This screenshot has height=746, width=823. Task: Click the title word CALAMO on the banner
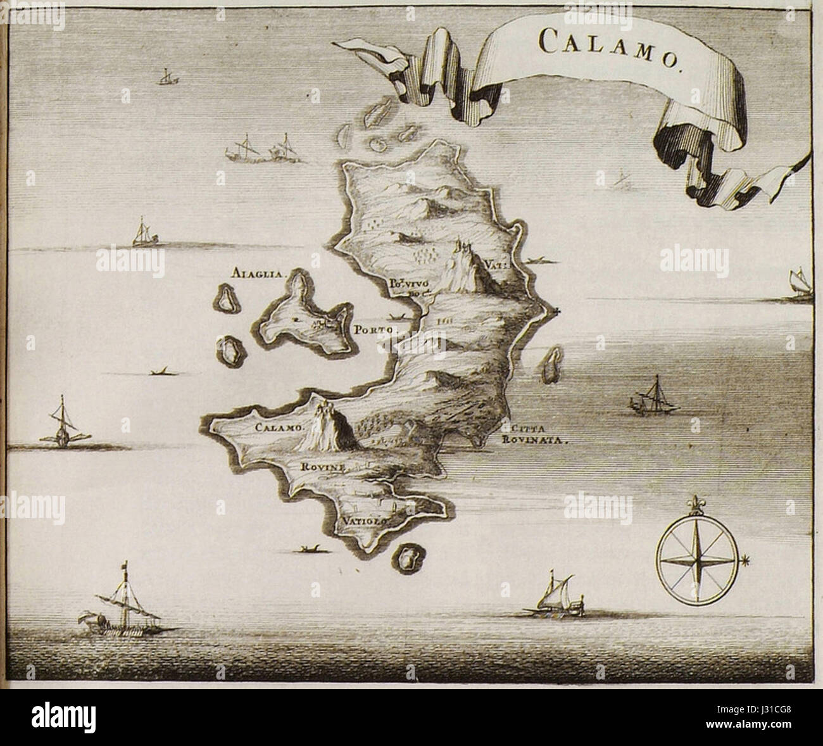click(x=607, y=44)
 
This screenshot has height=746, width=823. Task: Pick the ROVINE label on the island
click(x=323, y=468)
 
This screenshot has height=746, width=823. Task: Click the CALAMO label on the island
click(x=280, y=427)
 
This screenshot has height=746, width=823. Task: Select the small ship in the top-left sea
click(x=166, y=76)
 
